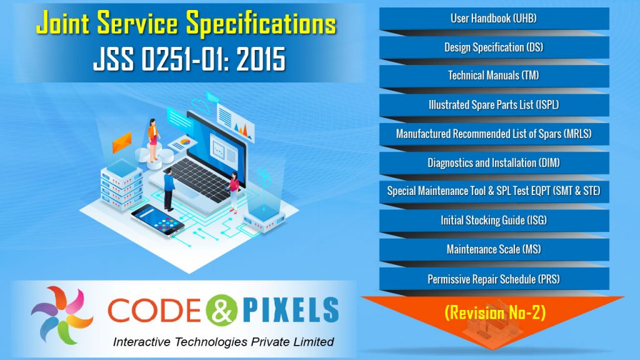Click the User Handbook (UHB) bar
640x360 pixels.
(494, 18)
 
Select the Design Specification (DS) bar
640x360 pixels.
(494, 47)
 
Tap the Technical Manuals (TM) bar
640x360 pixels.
(494, 76)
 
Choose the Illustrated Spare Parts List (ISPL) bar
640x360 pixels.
(494, 104)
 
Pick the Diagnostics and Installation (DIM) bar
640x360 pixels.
(494, 162)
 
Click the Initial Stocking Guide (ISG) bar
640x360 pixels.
(494, 220)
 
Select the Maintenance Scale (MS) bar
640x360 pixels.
(494, 249)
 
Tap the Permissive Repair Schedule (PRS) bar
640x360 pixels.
(494, 278)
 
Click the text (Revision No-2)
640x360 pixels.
(494, 312)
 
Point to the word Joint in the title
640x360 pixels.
(65, 25)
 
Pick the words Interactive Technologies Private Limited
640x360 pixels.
(223, 342)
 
